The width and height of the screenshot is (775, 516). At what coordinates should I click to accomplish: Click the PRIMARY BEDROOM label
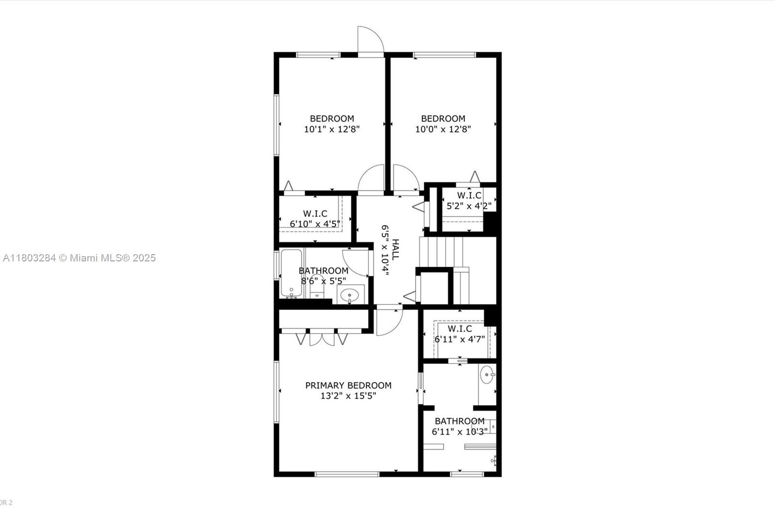pyautogui.click(x=348, y=385)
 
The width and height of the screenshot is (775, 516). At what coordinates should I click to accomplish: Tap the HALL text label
pyautogui.click(x=395, y=249)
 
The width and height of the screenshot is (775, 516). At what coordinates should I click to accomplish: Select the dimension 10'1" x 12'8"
pyautogui.click(x=332, y=129)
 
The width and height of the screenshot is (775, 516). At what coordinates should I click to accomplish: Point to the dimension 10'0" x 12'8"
pyautogui.click(x=443, y=129)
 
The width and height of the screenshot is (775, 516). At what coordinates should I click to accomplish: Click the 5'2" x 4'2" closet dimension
pyautogui.click(x=469, y=206)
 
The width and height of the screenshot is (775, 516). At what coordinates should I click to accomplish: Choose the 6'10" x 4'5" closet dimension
pyautogui.click(x=315, y=224)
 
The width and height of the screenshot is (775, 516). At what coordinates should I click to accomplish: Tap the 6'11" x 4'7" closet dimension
pyautogui.click(x=460, y=339)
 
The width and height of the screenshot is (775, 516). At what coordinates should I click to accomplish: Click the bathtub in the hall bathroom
pyautogui.click(x=291, y=273)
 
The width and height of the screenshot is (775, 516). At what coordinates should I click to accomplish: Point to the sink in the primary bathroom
pyautogui.click(x=487, y=375)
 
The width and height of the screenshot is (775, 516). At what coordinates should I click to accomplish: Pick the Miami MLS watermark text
pyautogui.click(x=79, y=258)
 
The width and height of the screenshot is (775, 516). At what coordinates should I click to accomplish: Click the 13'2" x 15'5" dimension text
pyautogui.click(x=348, y=396)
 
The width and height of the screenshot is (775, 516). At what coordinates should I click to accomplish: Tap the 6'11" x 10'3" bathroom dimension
pyautogui.click(x=460, y=432)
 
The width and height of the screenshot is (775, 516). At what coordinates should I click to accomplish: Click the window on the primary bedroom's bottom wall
pyautogui.click(x=347, y=474)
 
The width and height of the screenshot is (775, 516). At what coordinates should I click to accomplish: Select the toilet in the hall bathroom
pyautogui.click(x=317, y=287)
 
